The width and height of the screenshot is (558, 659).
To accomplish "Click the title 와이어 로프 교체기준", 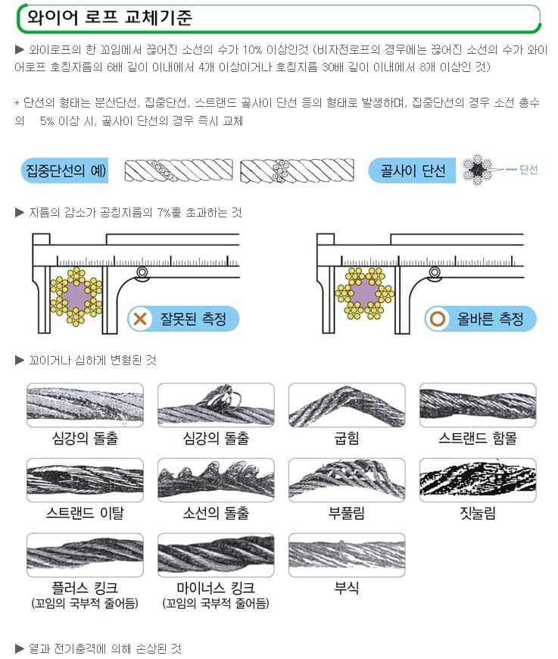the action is (109, 17).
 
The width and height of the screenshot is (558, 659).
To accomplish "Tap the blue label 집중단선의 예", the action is (64, 170).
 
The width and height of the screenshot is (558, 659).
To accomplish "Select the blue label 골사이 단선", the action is (412, 170).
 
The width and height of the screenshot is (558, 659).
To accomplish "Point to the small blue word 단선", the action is (528, 170).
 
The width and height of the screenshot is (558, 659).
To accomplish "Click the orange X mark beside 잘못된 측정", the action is (140, 319).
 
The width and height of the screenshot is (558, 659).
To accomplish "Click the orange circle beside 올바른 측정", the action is (437, 319).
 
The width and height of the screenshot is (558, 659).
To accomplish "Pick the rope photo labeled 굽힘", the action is (347, 405).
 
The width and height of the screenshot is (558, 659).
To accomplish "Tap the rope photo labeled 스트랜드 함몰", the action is (478, 405).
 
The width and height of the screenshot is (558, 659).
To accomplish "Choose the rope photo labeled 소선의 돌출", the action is (216, 480).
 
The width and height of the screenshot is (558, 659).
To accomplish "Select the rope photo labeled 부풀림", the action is (347, 480).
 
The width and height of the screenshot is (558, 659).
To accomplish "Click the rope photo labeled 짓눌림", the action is (478, 480).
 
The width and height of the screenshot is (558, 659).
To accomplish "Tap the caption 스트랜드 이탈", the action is (85, 513).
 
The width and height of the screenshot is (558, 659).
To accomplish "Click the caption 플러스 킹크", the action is (85, 588).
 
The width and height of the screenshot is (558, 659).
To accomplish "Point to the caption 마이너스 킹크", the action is (216, 588).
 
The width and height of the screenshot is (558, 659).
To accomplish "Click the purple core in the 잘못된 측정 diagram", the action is (76, 296).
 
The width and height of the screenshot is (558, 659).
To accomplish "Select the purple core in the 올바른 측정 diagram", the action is (364, 293).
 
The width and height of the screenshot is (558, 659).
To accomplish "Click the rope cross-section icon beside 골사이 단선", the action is (477, 170).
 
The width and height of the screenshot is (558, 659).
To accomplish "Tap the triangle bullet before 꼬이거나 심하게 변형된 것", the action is (20, 361).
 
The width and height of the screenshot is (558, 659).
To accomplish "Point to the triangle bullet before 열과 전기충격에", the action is (20, 648).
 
